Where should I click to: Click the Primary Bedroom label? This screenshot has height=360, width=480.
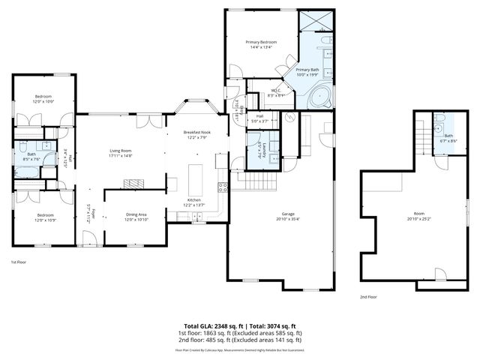(x=262, y=42)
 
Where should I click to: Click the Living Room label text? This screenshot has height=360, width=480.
(x=121, y=151)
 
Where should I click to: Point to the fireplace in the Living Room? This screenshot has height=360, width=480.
(x=133, y=183)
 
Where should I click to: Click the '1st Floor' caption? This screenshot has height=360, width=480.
(x=19, y=262)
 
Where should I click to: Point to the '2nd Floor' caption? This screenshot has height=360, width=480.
(x=367, y=297)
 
